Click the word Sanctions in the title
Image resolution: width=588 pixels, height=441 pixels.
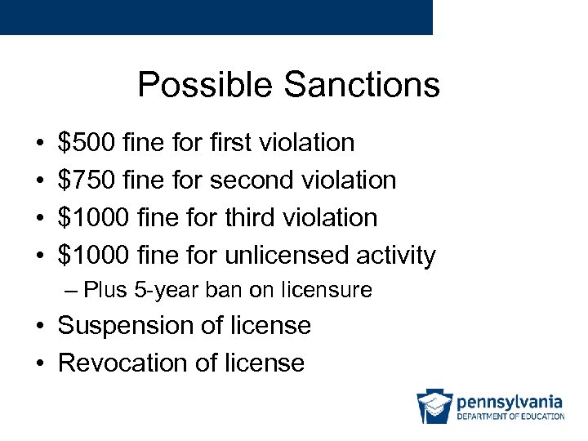coord(362,84)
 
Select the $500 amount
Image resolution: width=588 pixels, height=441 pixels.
coord(86,142)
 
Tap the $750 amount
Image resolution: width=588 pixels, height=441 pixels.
coord(86,180)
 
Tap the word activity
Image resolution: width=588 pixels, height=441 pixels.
coord(395,255)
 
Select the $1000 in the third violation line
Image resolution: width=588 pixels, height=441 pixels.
coord(93,217)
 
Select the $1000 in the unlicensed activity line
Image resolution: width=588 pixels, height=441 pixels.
coord(93,255)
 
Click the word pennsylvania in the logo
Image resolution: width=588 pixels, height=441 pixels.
coord(510,401)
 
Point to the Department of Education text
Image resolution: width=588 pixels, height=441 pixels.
coord(510,416)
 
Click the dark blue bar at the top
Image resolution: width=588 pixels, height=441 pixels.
coord(216,17)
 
